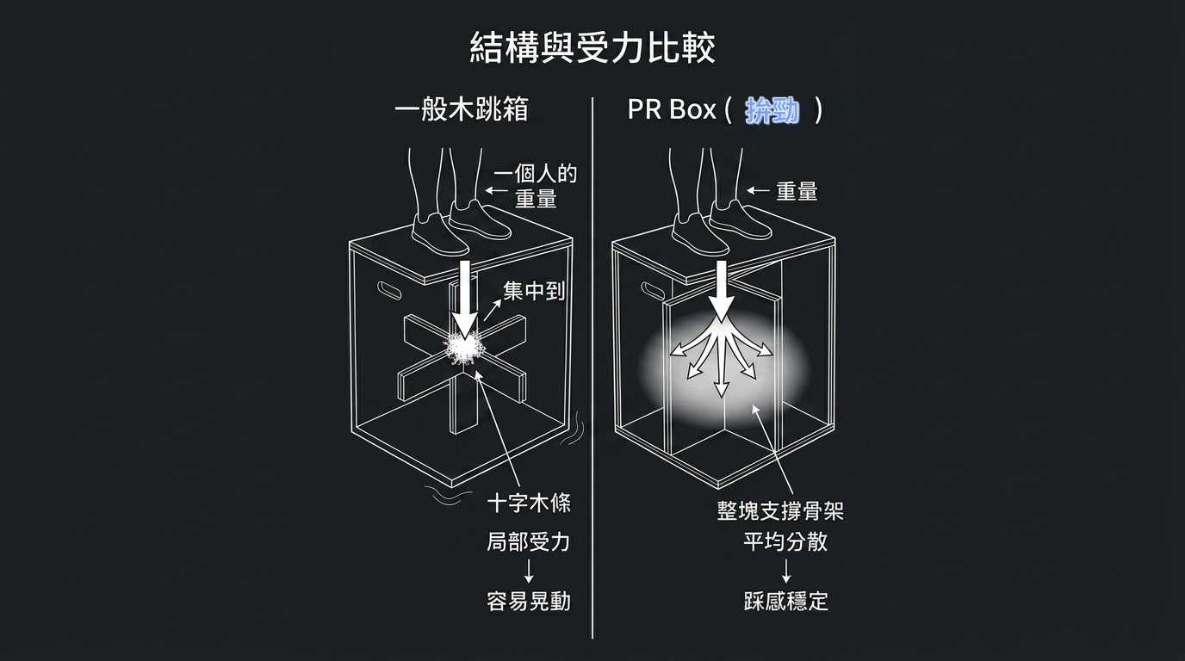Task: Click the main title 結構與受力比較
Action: tap(592, 47)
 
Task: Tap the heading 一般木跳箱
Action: tap(462, 109)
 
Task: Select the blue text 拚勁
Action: tap(772, 110)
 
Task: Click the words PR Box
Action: tap(672, 109)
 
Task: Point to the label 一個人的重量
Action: tap(536, 186)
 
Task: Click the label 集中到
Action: tap(534, 291)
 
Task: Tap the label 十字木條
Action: tap(529, 503)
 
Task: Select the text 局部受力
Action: tap(529, 542)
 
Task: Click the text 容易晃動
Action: tap(529, 602)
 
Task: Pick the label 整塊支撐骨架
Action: tap(780, 511)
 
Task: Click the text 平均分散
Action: tap(785, 541)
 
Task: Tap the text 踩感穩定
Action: tap(786, 602)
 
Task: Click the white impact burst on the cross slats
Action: tap(464, 348)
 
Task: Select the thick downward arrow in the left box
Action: tap(466, 299)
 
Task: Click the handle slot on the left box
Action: tap(389, 290)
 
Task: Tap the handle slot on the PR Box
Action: tap(653, 291)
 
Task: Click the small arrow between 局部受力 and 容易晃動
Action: tap(529, 571)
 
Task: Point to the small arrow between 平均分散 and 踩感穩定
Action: tap(786, 571)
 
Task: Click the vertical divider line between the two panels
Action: tap(592, 368)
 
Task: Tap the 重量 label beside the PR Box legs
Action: tap(797, 191)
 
